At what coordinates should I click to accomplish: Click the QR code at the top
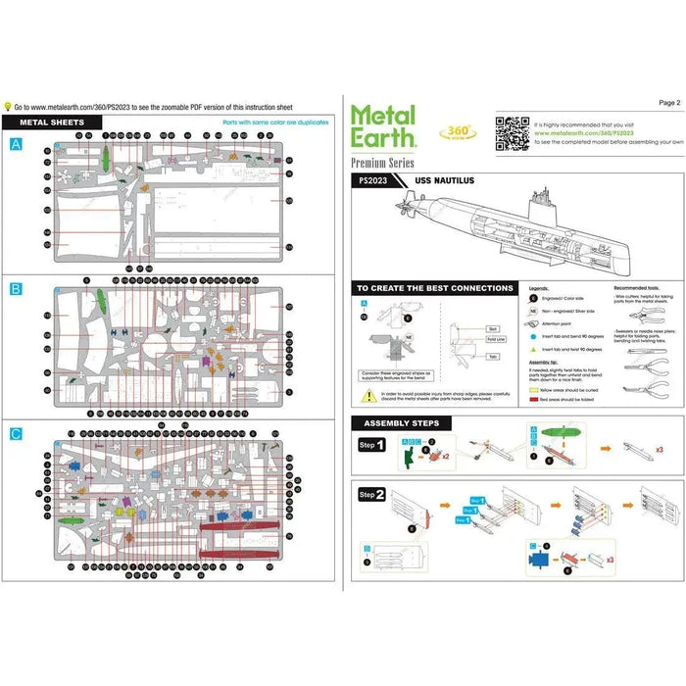[510, 131]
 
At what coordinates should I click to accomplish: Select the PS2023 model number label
[373, 181]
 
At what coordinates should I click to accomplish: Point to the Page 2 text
[669, 102]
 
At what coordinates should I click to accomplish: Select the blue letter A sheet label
[15, 144]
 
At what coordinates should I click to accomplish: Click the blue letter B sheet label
[15, 289]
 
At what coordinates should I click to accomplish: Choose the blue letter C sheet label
[15, 434]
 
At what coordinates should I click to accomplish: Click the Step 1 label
[373, 445]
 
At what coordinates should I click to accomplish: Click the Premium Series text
[382, 163]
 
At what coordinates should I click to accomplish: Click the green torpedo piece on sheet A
[104, 158]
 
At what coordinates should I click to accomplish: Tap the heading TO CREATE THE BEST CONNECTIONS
[433, 288]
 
